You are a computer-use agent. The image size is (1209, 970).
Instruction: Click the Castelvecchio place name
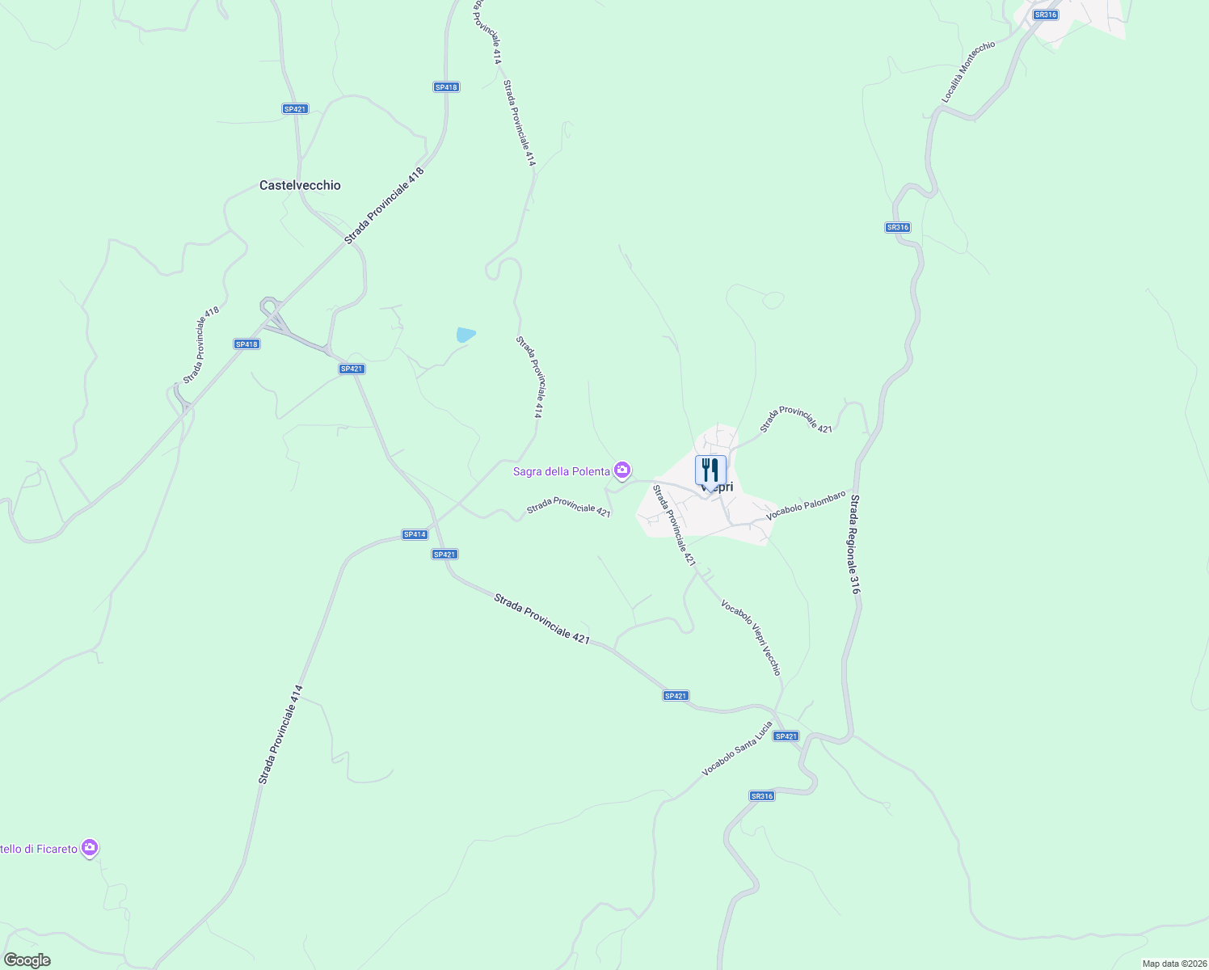tap(300, 185)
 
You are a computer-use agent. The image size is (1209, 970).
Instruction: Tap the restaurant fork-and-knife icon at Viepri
tap(710, 470)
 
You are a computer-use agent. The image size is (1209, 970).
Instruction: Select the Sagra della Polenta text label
tap(561, 471)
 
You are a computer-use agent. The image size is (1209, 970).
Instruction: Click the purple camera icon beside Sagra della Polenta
tap(622, 470)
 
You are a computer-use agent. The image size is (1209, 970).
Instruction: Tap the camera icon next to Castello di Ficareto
tap(91, 848)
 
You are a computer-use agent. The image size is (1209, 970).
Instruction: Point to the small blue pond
tap(465, 334)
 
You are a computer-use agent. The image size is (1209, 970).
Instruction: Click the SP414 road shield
tap(415, 534)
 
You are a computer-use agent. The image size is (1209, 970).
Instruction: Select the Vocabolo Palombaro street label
tap(806, 504)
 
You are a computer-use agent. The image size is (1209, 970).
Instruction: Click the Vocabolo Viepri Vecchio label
tap(752, 638)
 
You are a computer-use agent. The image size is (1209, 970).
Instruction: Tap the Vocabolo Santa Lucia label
tap(736, 749)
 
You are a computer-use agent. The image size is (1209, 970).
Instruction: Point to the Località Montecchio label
tap(968, 71)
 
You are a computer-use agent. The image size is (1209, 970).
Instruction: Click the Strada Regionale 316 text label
tap(855, 544)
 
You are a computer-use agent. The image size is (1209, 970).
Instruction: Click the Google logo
tap(27, 960)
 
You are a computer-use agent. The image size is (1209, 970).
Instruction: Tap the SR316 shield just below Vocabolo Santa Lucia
tap(762, 796)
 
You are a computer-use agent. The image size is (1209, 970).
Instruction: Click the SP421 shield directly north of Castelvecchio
tap(295, 109)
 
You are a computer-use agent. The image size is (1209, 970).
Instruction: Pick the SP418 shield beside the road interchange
tap(246, 344)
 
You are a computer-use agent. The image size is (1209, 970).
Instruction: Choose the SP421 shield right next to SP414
tap(445, 555)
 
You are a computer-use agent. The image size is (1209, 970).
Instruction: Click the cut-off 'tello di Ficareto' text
tap(39, 849)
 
